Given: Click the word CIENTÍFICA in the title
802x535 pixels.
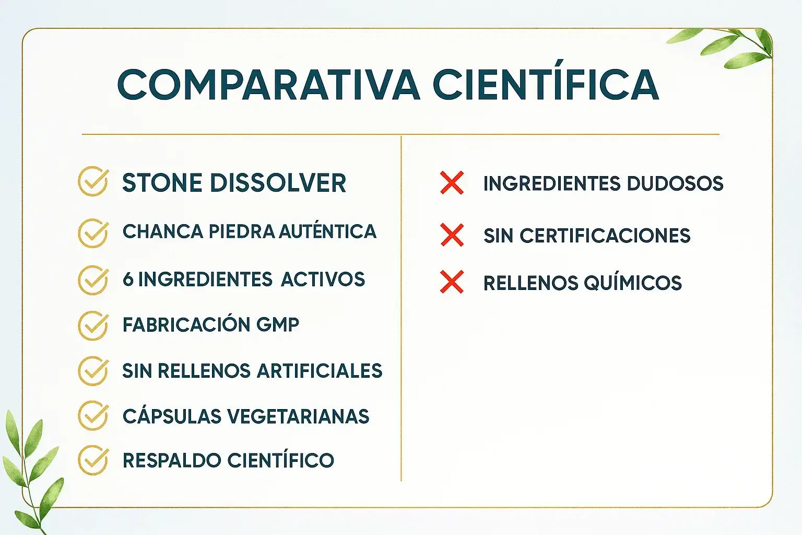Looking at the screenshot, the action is [x=546, y=80].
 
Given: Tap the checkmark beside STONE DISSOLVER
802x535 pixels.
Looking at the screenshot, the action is [x=93, y=181].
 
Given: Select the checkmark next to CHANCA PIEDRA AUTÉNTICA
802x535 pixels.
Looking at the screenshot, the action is [x=93, y=233].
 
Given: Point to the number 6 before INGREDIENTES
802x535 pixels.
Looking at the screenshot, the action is [x=128, y=279].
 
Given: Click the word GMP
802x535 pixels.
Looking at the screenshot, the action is [x=277, y=324].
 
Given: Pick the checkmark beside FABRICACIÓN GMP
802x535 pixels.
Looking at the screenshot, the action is [x=93, y=325].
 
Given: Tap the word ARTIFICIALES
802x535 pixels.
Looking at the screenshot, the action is [x=320, y=370].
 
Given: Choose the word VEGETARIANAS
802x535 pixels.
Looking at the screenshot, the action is [x=298, y=416].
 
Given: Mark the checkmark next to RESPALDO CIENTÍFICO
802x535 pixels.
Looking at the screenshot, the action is [x=93, y=460].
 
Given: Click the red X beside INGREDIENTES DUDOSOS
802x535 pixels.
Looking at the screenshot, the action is [x=452, y=183].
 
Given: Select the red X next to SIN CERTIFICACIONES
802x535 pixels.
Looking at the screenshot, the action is [x=452, y=235].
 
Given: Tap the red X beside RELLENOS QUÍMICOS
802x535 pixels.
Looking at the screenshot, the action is [x=452, y=282].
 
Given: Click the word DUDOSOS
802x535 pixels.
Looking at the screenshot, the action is [x=675, y=183].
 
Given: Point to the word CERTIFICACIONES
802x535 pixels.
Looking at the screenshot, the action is [x=605, y=236].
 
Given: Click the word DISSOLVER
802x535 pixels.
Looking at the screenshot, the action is [x=278, y=183].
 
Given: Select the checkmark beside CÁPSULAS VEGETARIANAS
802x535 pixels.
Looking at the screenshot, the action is [x=93, y=415].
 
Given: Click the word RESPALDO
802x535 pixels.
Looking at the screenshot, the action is [x=171, y=460].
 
